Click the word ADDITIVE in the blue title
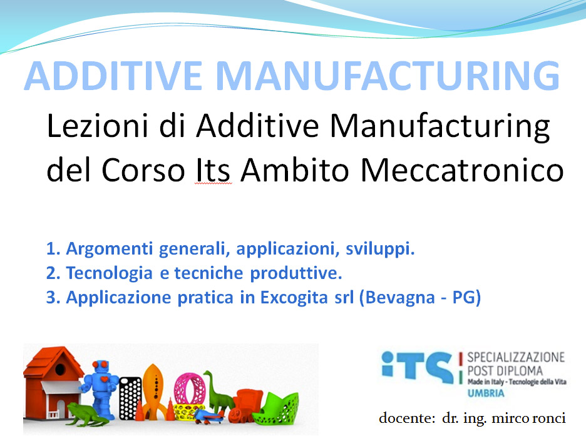(x=113, y=76)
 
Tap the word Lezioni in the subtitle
(x=97, y=126)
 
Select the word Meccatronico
(x=462, y=170)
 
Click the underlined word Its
(x=213, y=170)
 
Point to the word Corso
(x=143, y=170)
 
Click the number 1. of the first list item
(x=53, y=249)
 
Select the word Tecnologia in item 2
(x=110, y=273)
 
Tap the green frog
(x=86, y=414)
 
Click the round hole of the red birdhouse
(x=60, y=370)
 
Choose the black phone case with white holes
(x=130, y=398)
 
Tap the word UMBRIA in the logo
(x=486, y=393)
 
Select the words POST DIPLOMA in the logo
(x=505, y=371)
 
